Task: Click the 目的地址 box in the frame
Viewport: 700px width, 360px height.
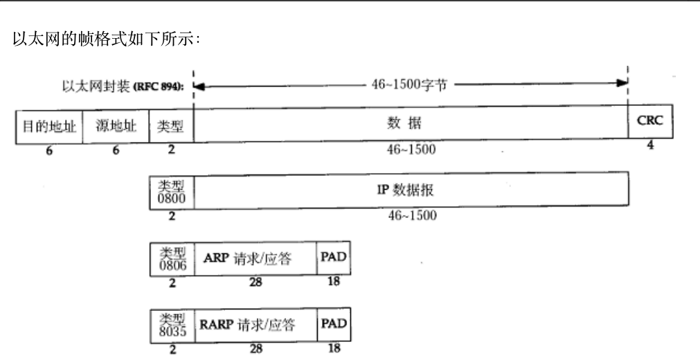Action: tap(49, 126)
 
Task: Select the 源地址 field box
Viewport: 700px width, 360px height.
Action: tap(116, 126)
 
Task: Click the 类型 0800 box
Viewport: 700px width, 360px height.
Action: tap(170, 192)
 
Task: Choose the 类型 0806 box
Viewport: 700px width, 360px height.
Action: tap(170, 259)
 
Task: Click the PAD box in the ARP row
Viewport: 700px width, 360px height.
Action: tap(332, 258)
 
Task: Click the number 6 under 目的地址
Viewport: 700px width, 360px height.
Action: tap(49, 152)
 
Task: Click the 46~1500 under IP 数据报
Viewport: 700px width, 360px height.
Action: tap(411, 216)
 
